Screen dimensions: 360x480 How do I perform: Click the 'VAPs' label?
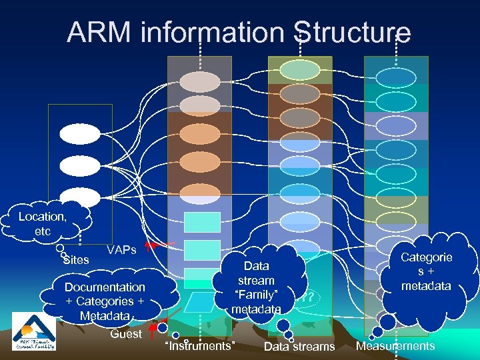pyautogui.click(x=121, y=250)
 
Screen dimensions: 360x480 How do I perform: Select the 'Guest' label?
pyautogui.click(x=126, y=334)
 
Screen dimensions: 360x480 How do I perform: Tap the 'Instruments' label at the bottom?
pyautogui.click(x=199, y=345)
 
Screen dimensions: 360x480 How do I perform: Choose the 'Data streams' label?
pyautogui.click(x=299, y=346)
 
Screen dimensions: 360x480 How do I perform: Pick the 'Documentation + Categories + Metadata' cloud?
pyautogui.click(x=105, y=300)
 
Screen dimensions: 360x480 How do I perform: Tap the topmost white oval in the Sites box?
pyautogui.click(x=79, y=134)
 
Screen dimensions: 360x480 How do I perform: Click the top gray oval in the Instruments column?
pyautogui.click(x=199, y=81)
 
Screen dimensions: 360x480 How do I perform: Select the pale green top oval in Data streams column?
pyautogui.click(x=300, y=70)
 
